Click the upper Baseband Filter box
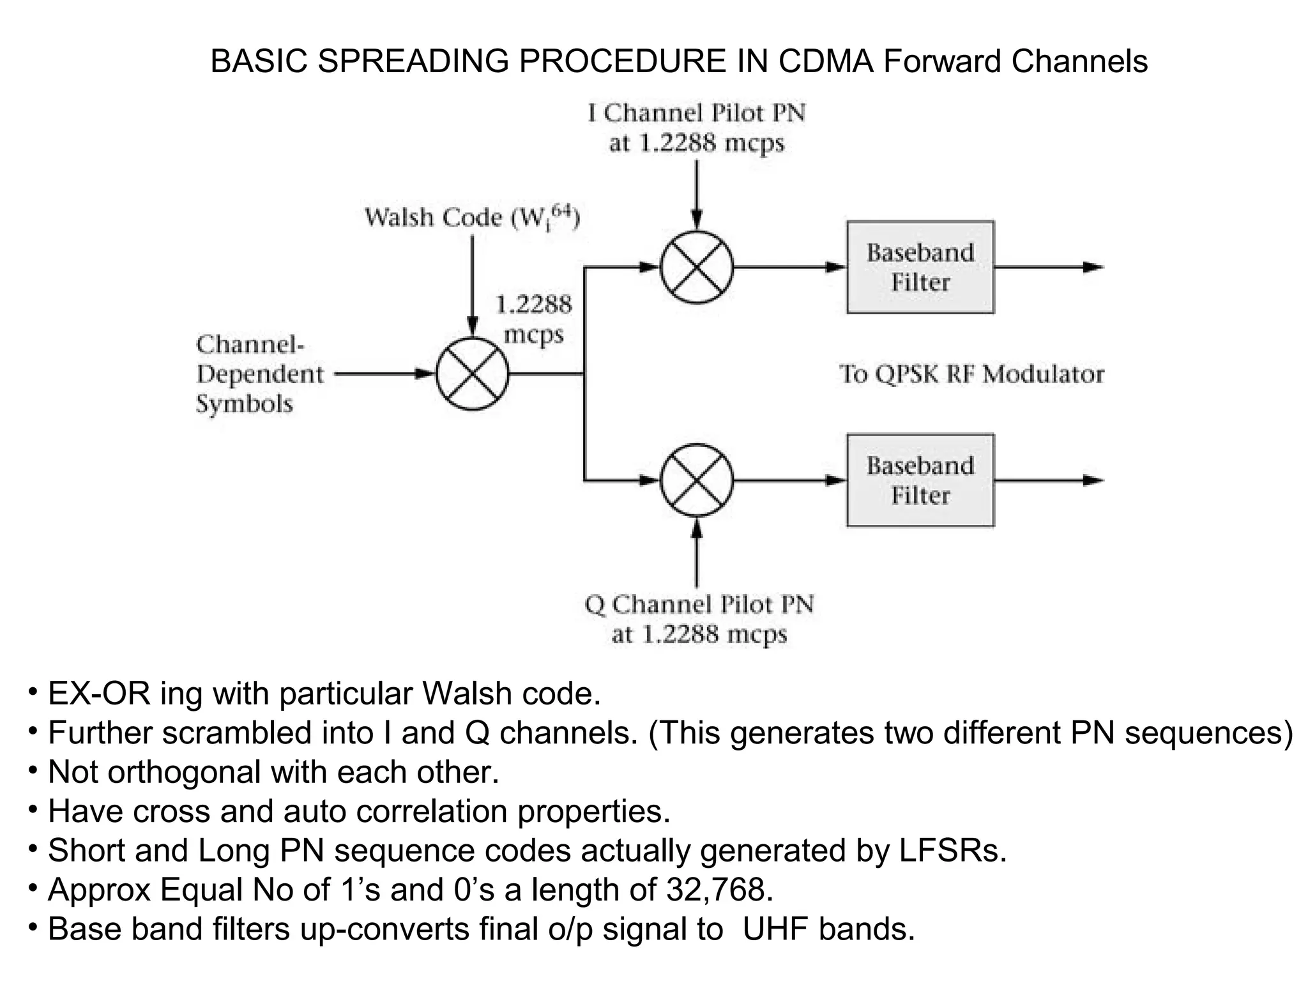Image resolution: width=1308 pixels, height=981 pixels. [x=920, y=268]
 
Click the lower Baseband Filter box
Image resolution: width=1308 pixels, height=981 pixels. [x=920, y=480]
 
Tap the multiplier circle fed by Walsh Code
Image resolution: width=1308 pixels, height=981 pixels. [x=473, y=374]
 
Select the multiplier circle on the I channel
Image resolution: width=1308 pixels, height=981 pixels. [x=696, y=268]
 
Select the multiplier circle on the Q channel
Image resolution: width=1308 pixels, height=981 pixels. [x=696, y=480]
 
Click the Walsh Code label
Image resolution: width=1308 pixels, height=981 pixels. [x=472, y=218]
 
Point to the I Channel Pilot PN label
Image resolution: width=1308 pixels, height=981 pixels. [x=696, y=128]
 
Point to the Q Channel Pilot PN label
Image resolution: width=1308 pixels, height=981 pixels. [x=699, y=619]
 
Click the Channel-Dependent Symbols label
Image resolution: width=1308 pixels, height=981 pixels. [x=259, y=374]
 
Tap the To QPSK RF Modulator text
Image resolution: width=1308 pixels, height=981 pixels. [x=971, y=374]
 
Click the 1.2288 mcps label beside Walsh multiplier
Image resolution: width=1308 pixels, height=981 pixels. [x=534, y=319]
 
